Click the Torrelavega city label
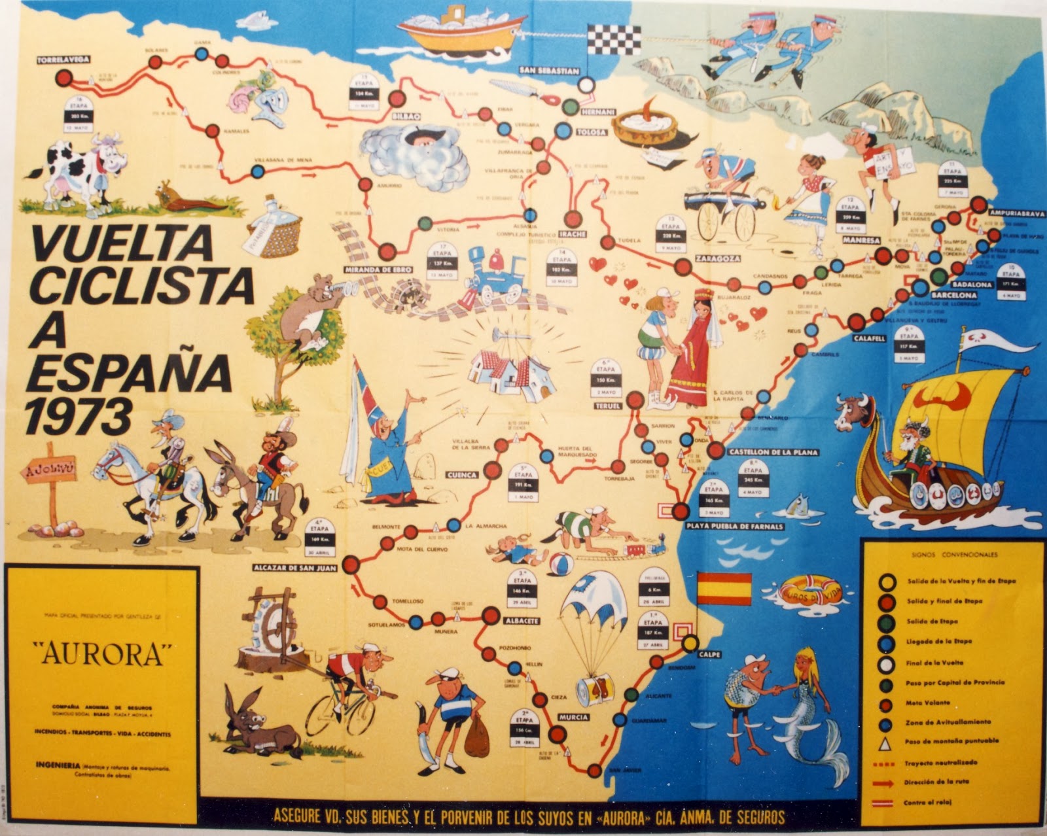point(63,60)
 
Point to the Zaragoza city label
point(718,258)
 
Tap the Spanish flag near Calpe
point(724,588)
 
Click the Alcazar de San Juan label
point(295,568)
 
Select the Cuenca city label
point(463,475)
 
